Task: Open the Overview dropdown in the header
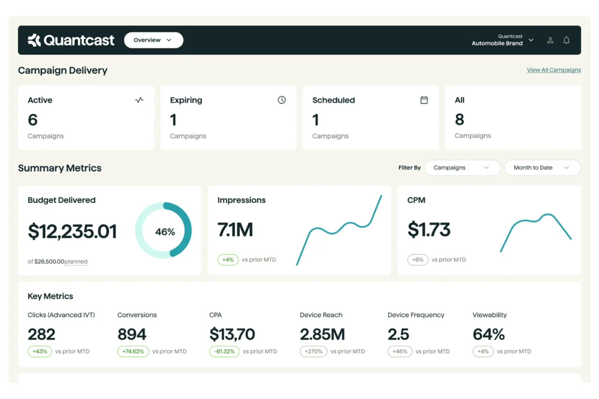coord(153,40)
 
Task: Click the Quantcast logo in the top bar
coord(71,40)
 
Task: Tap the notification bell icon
coord(566,40)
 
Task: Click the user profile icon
coord(550,40)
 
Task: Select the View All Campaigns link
coord(553,70)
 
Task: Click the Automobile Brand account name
coord(497,43)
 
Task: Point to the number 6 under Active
coord(32,120)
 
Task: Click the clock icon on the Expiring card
coord(282,100)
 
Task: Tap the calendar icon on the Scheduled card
coord(424,100)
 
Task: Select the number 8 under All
coord(459,119)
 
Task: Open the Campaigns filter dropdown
coord(462,168)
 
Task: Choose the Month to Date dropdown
coord(542,168)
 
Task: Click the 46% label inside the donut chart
coord(165,232)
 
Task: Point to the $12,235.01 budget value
coord(72,231)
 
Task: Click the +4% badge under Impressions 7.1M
coord(228,260)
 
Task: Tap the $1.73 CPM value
coord(429,230)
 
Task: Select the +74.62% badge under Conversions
coord(133,351)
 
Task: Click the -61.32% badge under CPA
coord(225,351)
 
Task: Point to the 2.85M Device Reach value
coord(322,334)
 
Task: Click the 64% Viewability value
coord(489,334)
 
